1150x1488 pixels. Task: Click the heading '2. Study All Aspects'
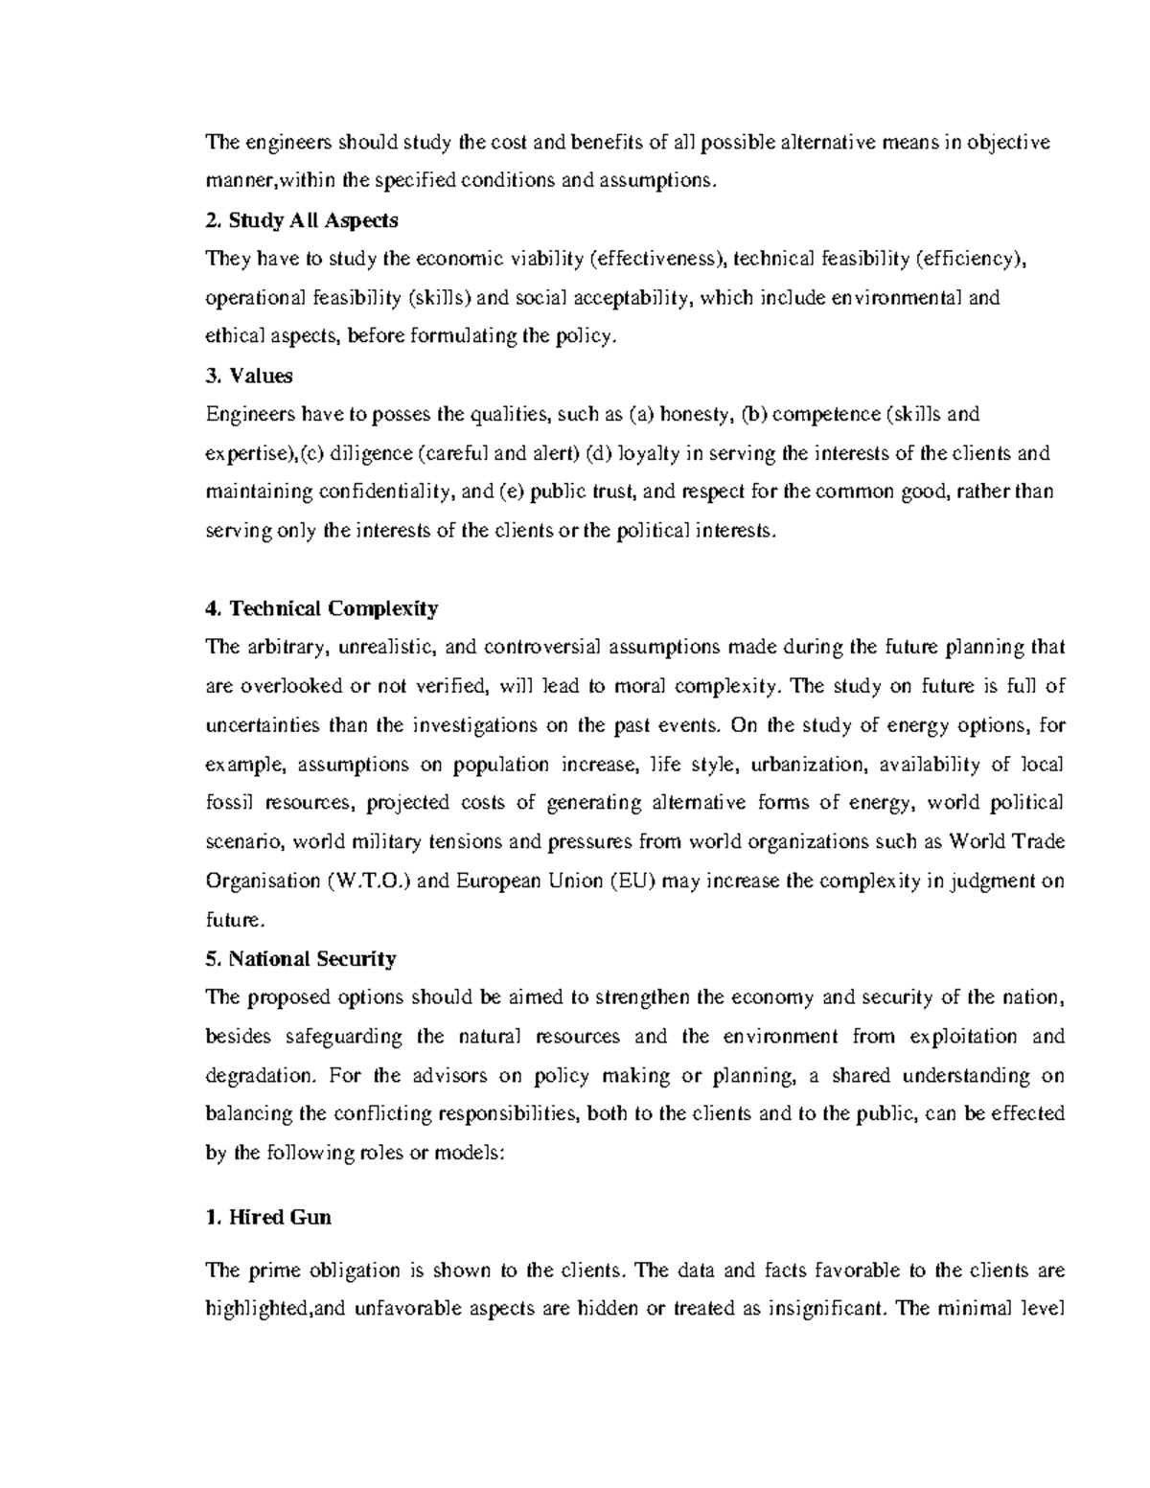point(302,220)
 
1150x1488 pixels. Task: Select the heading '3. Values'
point(249,376)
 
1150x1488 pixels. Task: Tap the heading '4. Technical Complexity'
point(322,608)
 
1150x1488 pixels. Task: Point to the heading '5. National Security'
point(301,958)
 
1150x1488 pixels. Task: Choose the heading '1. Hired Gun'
point(268,1217)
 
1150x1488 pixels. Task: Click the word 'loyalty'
point(649,453)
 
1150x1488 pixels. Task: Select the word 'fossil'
point(229,803)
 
